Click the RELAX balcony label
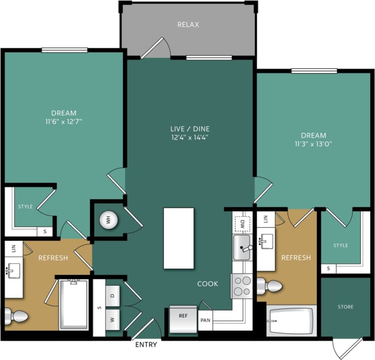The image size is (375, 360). click(188, 25)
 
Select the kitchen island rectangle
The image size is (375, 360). click(178, 238)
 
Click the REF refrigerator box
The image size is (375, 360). click(183, 316)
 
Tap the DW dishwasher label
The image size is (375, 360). click(242, 224)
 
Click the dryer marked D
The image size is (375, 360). click(113, 295)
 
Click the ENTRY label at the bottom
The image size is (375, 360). click(146, 345)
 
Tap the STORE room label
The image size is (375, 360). click(346, 307)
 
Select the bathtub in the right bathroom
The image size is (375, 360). click(291, 322)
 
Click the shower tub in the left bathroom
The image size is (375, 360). click(74, 305)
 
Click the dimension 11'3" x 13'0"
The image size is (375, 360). click(314, 144)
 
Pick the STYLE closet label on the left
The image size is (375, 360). click(25, 207)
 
